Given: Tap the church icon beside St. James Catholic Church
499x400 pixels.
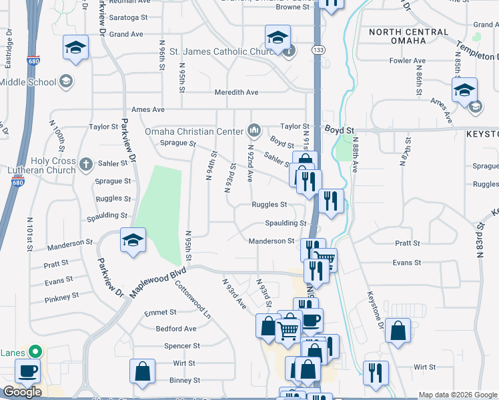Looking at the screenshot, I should click(x=288, y=51).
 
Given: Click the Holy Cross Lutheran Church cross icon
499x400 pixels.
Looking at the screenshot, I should click(x=85, y=163).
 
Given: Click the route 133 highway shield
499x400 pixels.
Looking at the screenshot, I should click(x=318, y=50).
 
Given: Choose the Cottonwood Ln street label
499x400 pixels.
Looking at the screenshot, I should click(x=192, y=298).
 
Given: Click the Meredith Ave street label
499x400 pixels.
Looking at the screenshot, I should click(x=236, y=93).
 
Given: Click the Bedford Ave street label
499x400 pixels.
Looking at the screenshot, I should click(x=176, y=329).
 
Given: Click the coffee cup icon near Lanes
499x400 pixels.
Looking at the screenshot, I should click(x=27, y=371).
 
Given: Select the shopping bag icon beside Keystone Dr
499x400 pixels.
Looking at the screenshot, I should click(x=398, y=331).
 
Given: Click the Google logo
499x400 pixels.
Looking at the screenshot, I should click(x=22, y=392).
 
